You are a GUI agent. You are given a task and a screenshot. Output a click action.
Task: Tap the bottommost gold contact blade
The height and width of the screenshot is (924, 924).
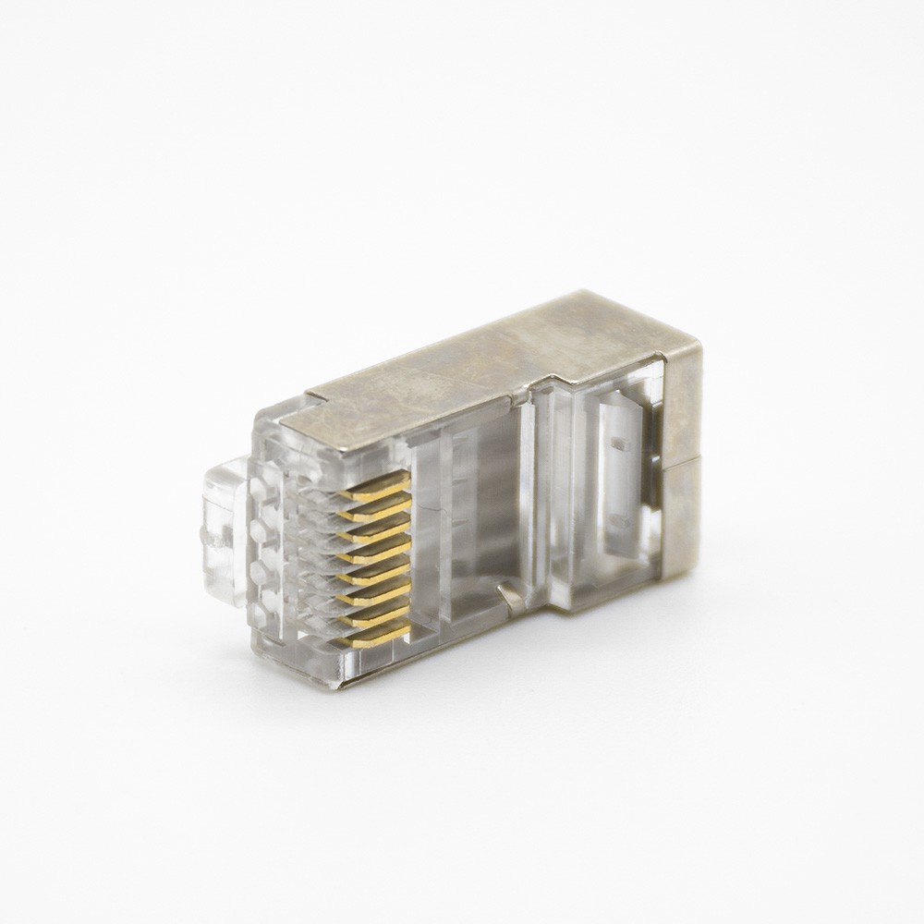click(x=379, y=635)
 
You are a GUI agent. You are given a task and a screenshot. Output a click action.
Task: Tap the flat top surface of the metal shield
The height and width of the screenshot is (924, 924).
click(x=480, y=370)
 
